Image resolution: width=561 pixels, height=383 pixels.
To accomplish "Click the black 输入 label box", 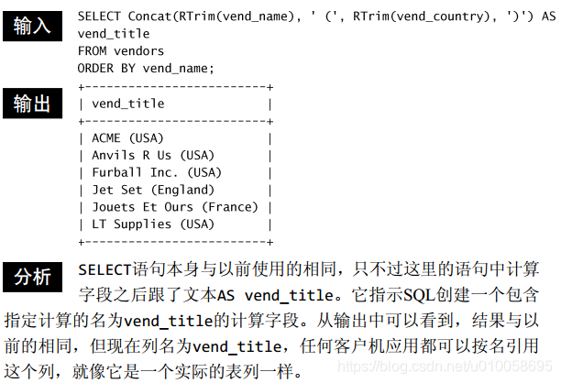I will coord(31,26).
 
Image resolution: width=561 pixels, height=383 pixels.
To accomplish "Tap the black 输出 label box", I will coord(31,104).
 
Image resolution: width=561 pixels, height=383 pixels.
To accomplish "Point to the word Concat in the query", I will coord(150,16).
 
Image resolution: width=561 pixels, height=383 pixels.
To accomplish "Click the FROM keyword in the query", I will coord(93,50).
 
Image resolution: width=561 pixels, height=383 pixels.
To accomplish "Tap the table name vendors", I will coord(138,50).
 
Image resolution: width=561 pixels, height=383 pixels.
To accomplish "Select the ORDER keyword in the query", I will coord(96,68).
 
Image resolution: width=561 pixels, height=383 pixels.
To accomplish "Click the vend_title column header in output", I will coord(128,104).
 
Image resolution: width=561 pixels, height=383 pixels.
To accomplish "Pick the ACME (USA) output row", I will coord(127,137).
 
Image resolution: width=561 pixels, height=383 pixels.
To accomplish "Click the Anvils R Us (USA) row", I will coord(152,155).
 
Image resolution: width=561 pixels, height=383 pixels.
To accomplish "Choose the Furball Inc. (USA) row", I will coord(157,172).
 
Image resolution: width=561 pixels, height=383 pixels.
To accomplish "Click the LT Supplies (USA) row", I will coord(152,224).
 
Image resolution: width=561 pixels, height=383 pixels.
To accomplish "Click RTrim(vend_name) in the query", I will coord(233,16).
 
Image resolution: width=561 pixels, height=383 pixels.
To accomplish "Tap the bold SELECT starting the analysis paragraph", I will coord(106,270).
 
